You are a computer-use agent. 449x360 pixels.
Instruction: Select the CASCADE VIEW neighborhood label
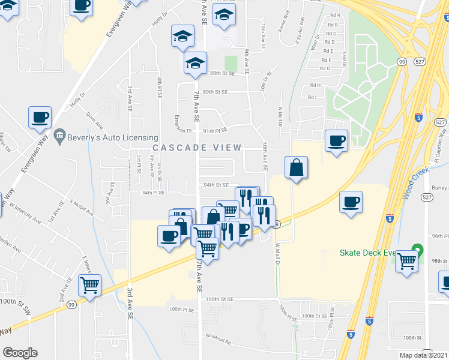[197, 148]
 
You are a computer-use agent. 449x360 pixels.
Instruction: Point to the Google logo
[20, 353]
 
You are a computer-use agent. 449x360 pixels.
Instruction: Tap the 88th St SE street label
[221, 73]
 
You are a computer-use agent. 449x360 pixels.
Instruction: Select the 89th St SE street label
[215, 92]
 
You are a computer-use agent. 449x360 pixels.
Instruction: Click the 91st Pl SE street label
[215, 130]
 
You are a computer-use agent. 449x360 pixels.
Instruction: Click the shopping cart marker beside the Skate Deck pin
[406, 262]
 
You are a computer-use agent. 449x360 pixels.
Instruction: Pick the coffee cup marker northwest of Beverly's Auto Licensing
[40, 117]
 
